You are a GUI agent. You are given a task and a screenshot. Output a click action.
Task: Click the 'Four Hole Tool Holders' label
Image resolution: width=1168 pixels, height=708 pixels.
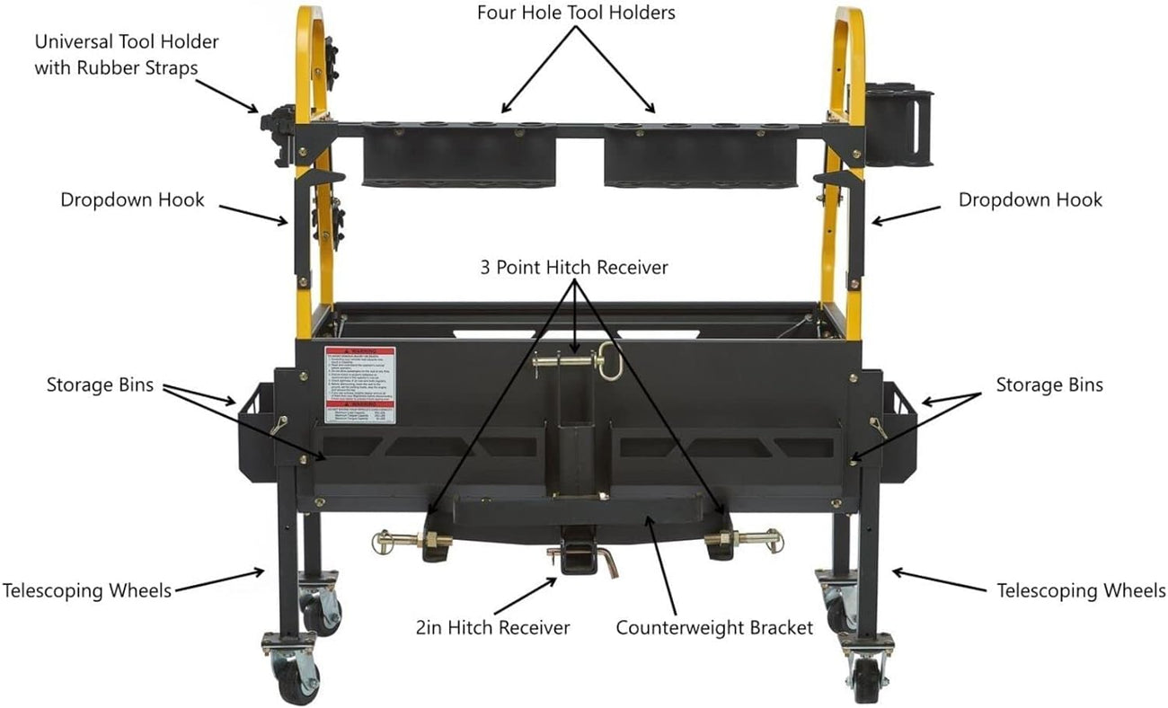[x=575, y=13]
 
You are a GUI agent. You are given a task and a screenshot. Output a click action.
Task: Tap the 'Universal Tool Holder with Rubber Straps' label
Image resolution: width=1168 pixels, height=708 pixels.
[x=127, y=55]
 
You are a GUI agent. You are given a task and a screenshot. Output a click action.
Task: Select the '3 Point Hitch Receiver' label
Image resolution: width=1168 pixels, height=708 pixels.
[x=575, y=268]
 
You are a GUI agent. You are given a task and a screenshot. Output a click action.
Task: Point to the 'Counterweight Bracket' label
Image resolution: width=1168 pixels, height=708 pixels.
[x=714, y=627]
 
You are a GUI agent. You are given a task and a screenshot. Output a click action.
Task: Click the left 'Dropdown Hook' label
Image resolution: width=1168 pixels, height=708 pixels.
[x=132, y=199]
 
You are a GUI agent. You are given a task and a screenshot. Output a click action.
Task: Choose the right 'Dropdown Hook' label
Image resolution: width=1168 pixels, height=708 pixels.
[x=1030, y=199]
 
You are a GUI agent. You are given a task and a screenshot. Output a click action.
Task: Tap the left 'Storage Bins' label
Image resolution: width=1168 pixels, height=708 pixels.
[x=100, y=385]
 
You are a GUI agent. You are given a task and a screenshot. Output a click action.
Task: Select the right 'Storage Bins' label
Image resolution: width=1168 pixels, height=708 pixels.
[x=1049, y=385]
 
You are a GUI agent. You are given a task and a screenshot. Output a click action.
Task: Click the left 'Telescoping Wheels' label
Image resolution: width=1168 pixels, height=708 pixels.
[x=86, y=590]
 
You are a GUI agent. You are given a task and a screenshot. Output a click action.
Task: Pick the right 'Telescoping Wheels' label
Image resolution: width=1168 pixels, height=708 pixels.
[x=1082, y=590]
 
